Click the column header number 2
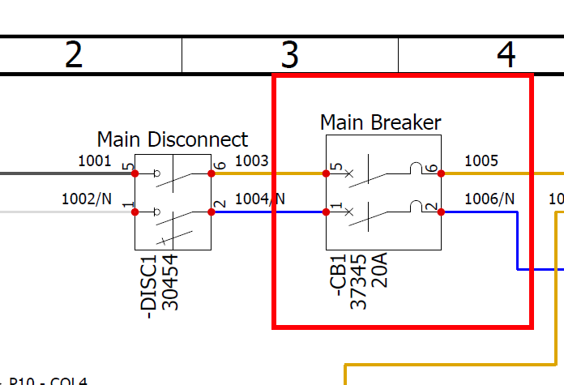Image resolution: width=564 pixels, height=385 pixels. pos(74,55)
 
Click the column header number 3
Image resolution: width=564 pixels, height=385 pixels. pos(290,55)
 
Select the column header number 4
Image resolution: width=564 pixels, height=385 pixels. pos(506,55)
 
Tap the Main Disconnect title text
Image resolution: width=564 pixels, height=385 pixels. pos(173,139)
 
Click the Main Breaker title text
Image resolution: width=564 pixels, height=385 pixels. pos(381,122)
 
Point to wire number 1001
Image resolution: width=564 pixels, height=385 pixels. pos(95,160)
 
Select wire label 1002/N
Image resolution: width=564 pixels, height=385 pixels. pos(87,199)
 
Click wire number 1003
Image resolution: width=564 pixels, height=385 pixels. pos(251,160)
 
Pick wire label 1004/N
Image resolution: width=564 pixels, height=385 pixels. pos(260,199)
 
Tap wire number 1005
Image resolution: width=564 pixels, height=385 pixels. pos(481,160)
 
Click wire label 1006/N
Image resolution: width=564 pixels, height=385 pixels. pos(490,199)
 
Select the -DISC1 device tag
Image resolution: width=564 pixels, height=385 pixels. pos(148,284)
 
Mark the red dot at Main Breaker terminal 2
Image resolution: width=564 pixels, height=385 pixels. pos(442,212)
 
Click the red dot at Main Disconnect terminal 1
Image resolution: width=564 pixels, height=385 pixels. pos(135,212)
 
